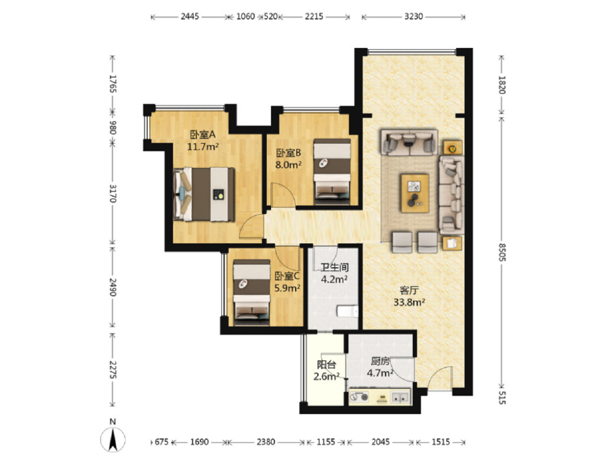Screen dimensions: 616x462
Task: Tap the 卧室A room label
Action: [203, 135]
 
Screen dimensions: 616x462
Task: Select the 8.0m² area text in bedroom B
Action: [288, 165]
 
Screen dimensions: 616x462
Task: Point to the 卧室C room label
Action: [287, 276]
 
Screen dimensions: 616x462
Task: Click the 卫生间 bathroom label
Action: [334, 267]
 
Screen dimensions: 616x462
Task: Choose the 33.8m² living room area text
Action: [409, 302]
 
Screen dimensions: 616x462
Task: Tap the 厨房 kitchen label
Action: [380, 361]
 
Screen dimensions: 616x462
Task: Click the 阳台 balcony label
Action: [326, 365]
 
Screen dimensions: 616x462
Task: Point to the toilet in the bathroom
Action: [347, 312]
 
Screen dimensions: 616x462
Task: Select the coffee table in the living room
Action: [415, 193]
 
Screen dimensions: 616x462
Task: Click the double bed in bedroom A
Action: [204, 194]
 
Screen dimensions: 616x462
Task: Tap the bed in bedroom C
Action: [252, 292]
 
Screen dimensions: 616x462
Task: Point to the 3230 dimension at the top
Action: [413, 17]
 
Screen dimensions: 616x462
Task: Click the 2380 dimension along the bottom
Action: [266, 442]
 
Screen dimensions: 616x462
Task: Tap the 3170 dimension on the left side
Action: [113, 193]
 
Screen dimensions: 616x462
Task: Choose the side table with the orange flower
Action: [453, 147]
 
